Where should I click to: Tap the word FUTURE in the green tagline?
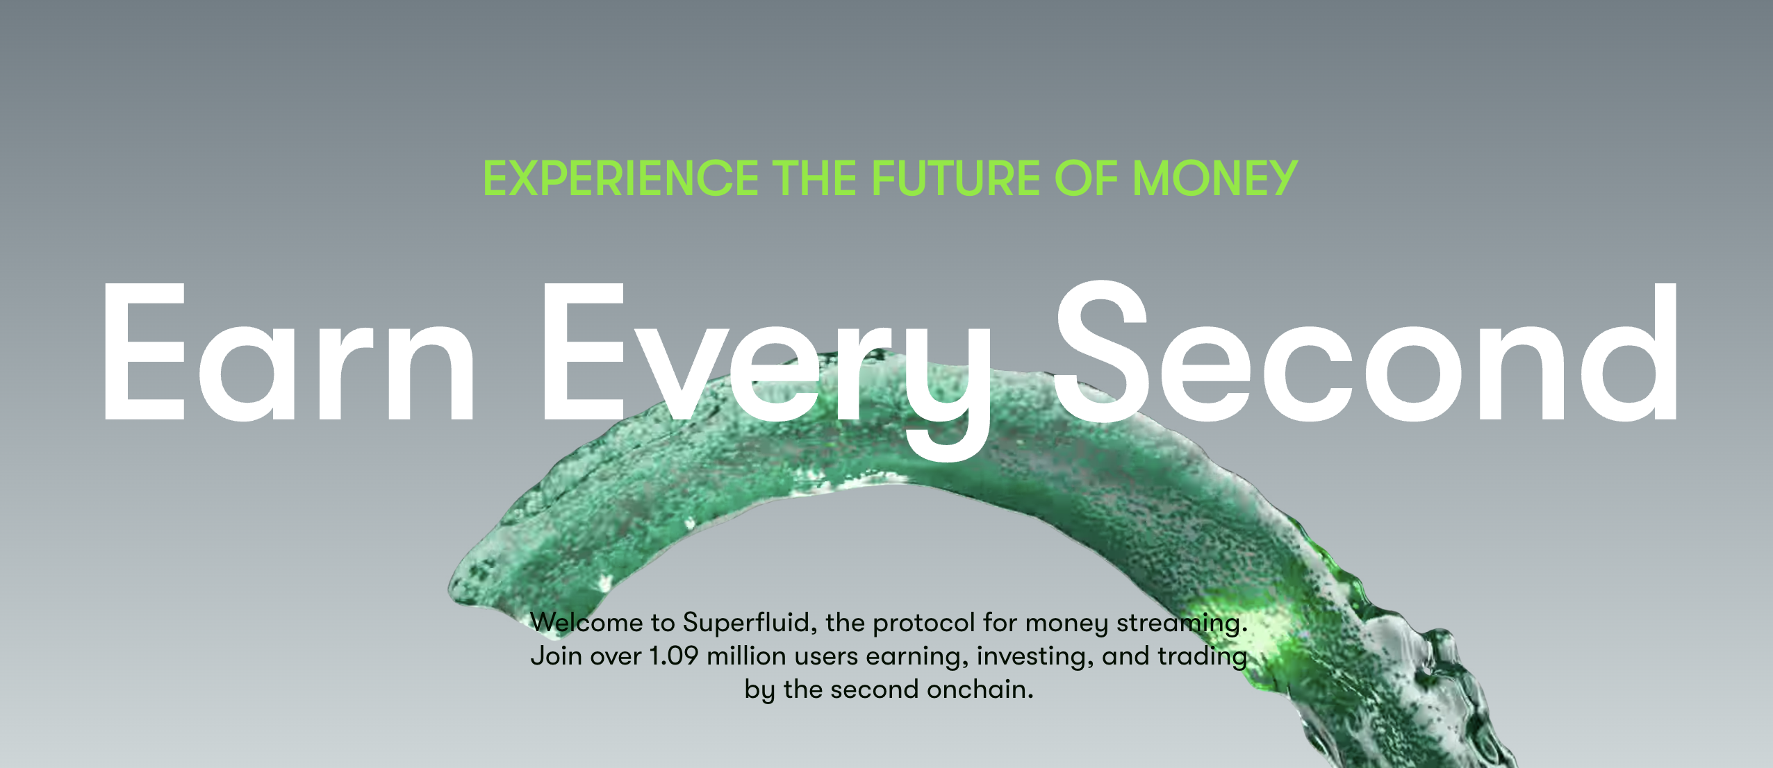point(956,178)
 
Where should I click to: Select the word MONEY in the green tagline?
point(1214,178)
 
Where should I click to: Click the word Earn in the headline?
point(288,352)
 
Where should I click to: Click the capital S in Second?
point(1102,351)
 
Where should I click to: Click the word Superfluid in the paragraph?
point(749,623)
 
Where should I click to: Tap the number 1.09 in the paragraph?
point(673,656)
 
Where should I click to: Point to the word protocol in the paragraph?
point(924,623)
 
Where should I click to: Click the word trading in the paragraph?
point(1202,657)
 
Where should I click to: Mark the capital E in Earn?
point(145,352)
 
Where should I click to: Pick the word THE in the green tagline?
point(815,178)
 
